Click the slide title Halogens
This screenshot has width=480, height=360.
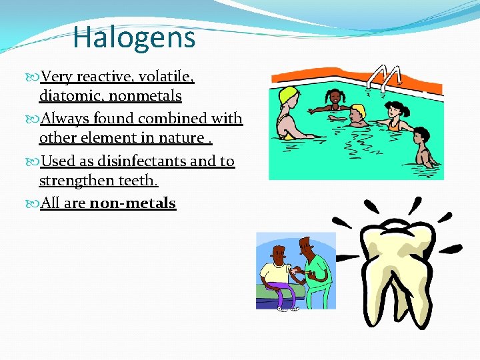click(x=134, y=37)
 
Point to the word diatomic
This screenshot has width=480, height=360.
click(x=71, y=96)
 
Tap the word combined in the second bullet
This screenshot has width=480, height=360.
click(x=178, y=119)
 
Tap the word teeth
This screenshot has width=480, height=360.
click(x=137, y=181)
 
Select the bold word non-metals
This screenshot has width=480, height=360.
click(x=133, y=203)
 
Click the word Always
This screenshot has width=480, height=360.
click(x=65, y=119)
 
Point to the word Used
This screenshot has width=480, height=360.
click(x=58, y=161)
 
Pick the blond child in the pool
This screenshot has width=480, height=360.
click(x=359, y=114)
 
